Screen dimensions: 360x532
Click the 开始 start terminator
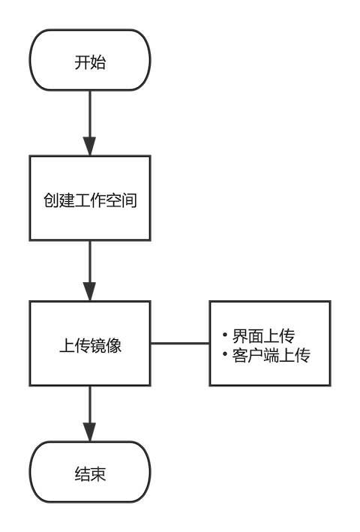click(90, 60)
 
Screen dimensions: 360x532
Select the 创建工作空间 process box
click(90, 198)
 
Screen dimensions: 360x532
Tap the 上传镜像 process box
click(90, 344)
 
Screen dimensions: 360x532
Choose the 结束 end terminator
click(90, 472)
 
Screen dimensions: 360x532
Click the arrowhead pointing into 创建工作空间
click(90, 146)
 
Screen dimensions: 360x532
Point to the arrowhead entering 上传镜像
click(90, 291)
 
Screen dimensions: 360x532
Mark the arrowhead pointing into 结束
click(90, 432)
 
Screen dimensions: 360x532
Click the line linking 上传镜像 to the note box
click(180, 344)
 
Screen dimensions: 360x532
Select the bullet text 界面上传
click(263, 336)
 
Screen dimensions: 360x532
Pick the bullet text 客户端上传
click(271, 355)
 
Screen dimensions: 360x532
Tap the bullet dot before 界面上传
click(225, 335)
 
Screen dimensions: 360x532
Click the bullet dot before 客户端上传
click(225, 354)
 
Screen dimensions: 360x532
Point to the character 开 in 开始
click(82, 62)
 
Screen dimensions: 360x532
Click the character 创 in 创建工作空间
click(51, 200)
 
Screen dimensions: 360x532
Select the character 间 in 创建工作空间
click(129, 200)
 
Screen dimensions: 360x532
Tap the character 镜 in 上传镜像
click(98, 346)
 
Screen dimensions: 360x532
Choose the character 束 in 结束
click(98, 474)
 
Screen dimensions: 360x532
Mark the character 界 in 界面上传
click(240, 336)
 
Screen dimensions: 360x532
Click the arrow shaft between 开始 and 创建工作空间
click(90, 114)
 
